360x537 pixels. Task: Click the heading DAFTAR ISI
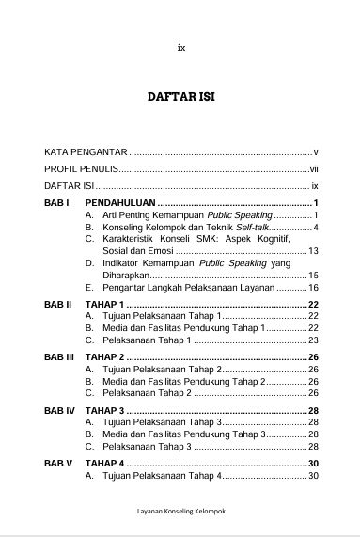point(181,97)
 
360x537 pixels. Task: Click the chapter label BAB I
point(57,203)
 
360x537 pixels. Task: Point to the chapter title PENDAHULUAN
point(120,203)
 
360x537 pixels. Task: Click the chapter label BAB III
point(60,358)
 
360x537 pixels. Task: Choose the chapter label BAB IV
point(60,411)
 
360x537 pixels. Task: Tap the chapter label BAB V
point(59,464)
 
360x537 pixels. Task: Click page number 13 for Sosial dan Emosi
point(314,251)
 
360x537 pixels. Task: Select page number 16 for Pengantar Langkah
point(314,287)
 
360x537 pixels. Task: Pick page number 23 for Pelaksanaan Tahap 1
point(314,340)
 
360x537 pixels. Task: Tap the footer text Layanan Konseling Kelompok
point(181,513)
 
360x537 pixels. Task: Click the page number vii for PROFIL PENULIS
point(315,169)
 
